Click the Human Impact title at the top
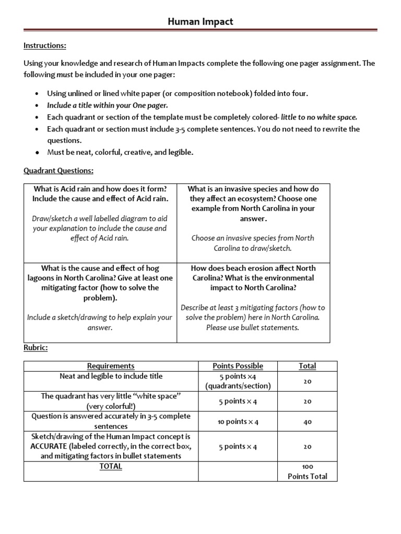click(x=200, y=22)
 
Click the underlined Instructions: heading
click(x=45, y=46)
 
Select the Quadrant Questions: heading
click(x=58, y=171)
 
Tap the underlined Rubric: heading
click(x=36, y=347)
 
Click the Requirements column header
click(x=111, y=366)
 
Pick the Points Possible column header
click(x=238, y=366)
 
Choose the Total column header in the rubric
click(x=307, y=366)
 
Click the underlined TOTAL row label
click(x=111, y=466)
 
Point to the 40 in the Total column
click(x=307, y=421)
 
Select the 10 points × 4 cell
click(x=238, y=421)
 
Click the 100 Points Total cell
click(x=307, y=471)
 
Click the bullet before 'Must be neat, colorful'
click(x=36, y=153)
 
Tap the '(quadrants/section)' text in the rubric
click(x=238, y=386)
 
